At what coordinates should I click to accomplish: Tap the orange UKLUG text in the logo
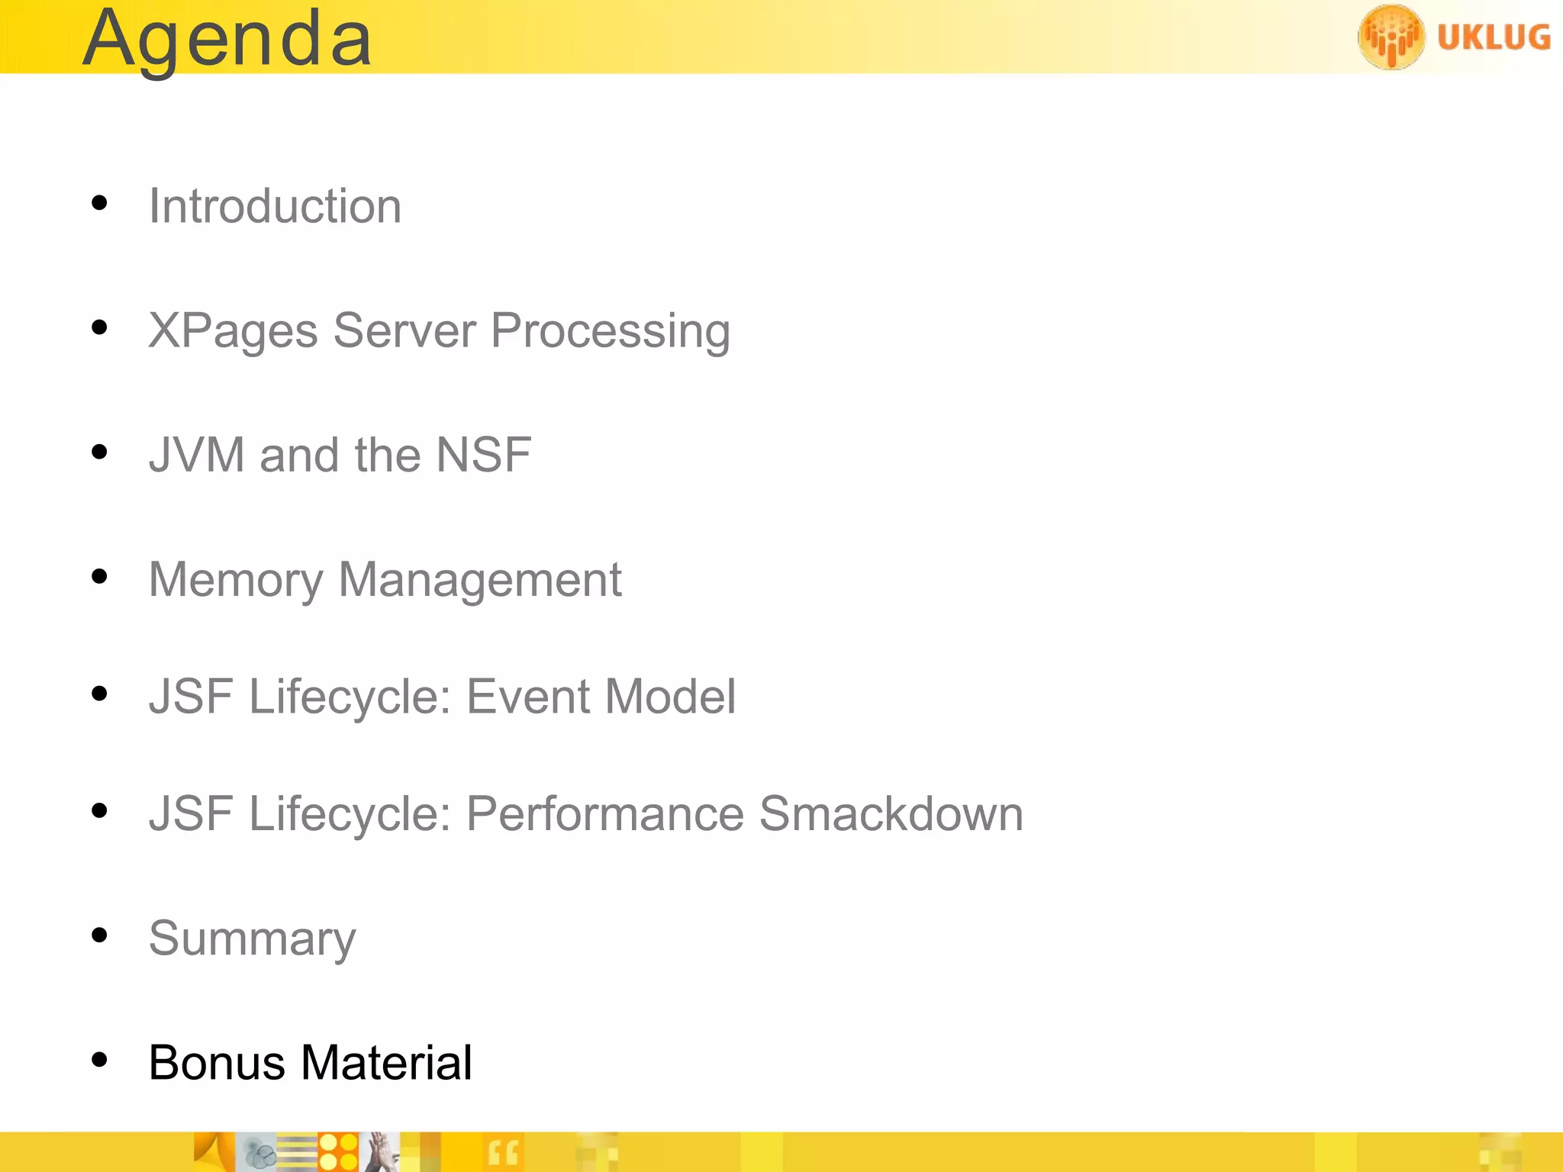1494,37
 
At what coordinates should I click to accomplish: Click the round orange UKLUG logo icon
1391,37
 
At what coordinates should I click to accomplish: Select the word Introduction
275,206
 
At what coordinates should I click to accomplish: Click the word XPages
233,331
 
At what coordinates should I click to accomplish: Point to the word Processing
610,331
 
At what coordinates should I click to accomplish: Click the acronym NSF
483,455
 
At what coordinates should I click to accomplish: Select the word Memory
236,580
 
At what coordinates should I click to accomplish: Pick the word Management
480,580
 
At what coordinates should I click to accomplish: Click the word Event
528,697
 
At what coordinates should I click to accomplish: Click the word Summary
252,939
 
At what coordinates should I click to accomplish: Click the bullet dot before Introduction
99,203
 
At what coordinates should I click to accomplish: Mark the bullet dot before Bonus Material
99,1059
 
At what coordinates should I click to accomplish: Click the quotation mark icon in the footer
503,1152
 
